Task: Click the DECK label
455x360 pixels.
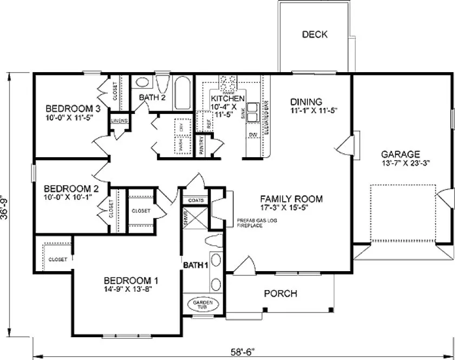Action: tap(315, 35)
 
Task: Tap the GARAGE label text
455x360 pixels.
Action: tap(400, 153)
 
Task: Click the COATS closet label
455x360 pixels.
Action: tap(196, 200)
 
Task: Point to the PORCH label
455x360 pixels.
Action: tap(280, 294)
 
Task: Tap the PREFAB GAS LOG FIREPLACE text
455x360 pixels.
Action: tap(249, 223)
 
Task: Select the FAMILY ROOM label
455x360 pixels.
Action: tap(290, 199)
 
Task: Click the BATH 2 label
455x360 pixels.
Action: tap(152, 98)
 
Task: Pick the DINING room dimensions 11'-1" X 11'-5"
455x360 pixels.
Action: tap(306, 111)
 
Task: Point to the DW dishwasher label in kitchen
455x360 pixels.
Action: tap(252, 134)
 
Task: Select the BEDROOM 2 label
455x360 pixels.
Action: tap(71, 189)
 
